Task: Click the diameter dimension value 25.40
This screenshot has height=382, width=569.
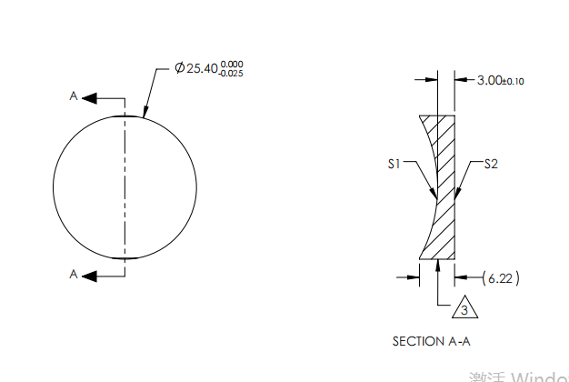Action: [202, 69]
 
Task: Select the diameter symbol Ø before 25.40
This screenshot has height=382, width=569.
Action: [179, 69]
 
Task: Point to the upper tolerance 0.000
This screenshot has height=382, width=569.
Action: [232, 64]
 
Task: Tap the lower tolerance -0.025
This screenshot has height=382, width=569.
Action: [231, 74]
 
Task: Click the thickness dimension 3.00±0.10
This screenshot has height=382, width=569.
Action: [501, 80]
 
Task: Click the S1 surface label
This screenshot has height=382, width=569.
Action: [394, 165]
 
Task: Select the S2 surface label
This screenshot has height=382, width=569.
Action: [491, 165]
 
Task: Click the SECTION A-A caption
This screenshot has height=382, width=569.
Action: [432, 341]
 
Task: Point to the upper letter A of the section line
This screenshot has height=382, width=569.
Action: [74, 95]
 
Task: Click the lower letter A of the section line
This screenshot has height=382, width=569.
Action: [74, 274]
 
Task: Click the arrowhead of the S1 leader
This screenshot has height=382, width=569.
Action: [434, 196]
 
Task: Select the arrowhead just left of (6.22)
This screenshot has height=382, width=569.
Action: [460, 277]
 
